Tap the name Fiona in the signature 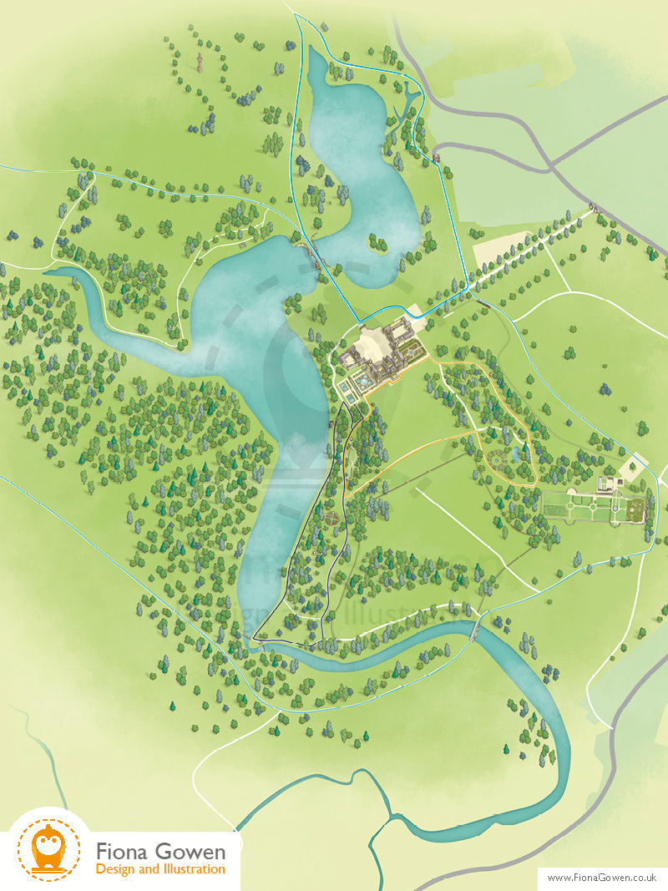pyautogui.click(x=125, y=852)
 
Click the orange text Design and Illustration pyautogui.click(x=160, y=869)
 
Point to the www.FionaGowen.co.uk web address pyautogui.click(x=602, y=877)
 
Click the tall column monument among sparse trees pyautogui.click(x=200, y=63)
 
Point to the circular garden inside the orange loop pyautogui.click(x=489, y=458)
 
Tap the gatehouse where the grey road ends pyautogui.click(x=436, y=157)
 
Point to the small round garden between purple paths pyautogui.click(x=332, y=518)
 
